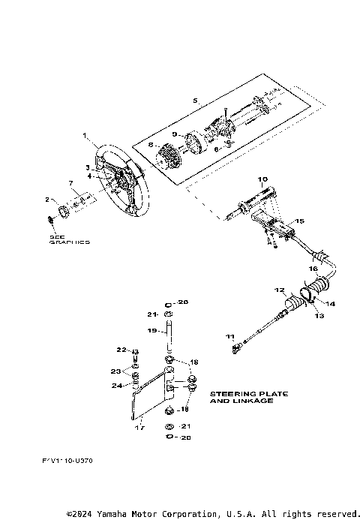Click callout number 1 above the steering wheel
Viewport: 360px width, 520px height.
85,136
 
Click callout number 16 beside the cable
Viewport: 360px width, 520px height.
314,268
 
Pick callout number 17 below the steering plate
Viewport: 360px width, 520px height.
138,428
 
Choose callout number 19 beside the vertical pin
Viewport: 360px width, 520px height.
151,329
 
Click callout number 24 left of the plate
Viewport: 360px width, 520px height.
116,386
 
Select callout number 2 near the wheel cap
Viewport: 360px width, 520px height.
46,200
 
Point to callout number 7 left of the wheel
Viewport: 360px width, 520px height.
71,183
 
